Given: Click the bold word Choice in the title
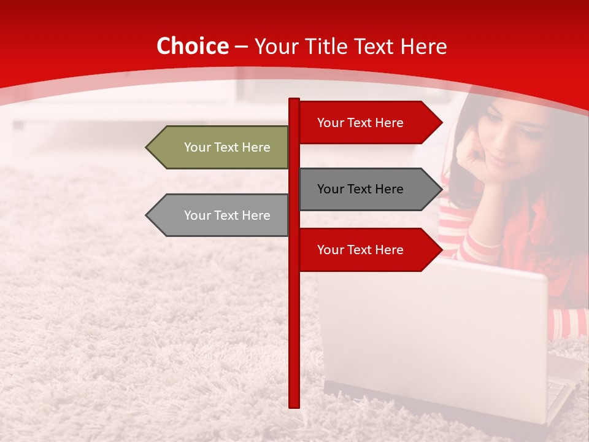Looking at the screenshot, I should tap(192, 47).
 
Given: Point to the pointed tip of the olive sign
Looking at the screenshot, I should tap(148, 147).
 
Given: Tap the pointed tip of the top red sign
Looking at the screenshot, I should tap(441, 123).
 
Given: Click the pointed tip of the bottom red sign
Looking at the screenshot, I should tap(441, 250).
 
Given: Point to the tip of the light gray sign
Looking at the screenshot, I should tap(148, 215).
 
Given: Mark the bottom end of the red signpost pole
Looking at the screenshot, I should tap(294, 405).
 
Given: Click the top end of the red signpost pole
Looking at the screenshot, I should tap(294, 100).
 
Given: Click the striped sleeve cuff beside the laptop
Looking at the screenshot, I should tap(568, 322).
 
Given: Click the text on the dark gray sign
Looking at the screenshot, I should tap(360, 189).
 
